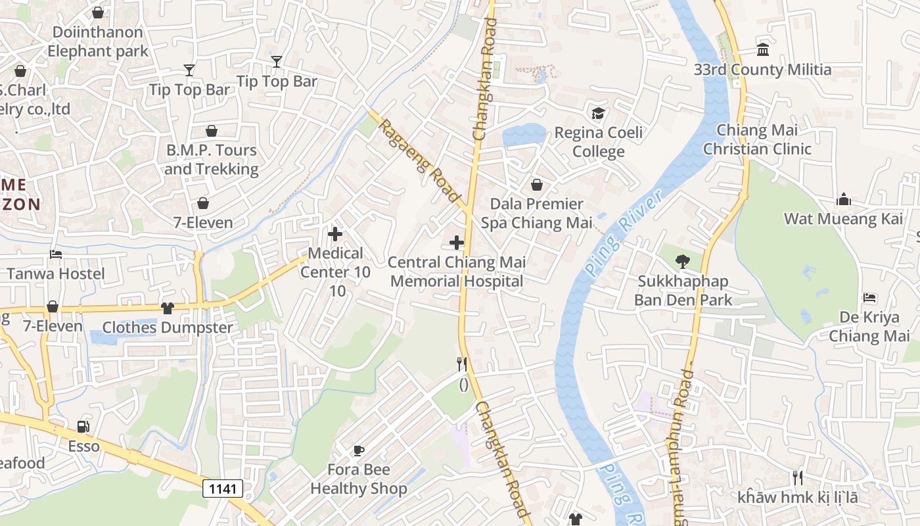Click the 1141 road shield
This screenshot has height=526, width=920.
pyautogui.click(x=223, y=489)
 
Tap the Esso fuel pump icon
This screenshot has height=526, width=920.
pyautogui.click(x=83, y=427)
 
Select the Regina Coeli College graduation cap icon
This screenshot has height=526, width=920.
pyautogui.click(x=598, y=113)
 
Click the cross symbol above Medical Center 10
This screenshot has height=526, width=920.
pyautogui.click(x=335, y=233)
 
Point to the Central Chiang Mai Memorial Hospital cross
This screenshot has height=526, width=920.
pyautogui.click(x=457, y=243)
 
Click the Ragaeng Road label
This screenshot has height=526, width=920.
pyautogui.click(x=419, y=160)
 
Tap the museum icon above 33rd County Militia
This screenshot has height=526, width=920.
pyautogui.click(x=763, y=50)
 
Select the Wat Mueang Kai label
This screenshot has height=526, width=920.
pyautogui.click(x=843, y=219)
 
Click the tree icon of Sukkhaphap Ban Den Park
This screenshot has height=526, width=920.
pyautogui.click(x=683, y=262)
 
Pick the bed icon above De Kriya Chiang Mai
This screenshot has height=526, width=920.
pyautogui.click(x=869, y=298)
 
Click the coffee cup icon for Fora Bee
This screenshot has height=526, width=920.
pyautogui.click(x=358, y=450)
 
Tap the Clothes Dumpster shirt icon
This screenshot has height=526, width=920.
pyautogui.click(x=167, y=307)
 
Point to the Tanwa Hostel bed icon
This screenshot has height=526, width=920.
pyautogui.click(x=56, y=254)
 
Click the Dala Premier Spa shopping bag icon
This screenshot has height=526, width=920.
pyautogui.click(x=537, y=185)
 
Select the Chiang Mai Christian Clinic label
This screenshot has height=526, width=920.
pyautogui.click(x=757, y=139)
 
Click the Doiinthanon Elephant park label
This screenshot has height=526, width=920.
pyautogui.click(x=98, y=41)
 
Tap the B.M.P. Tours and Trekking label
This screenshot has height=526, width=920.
pyautogui.click(x=211, y=159)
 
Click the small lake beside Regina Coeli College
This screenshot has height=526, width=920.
pyautogui.click(x=522, y=135)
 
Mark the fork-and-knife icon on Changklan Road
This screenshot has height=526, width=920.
pyautogui.click(x=462, y=364)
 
